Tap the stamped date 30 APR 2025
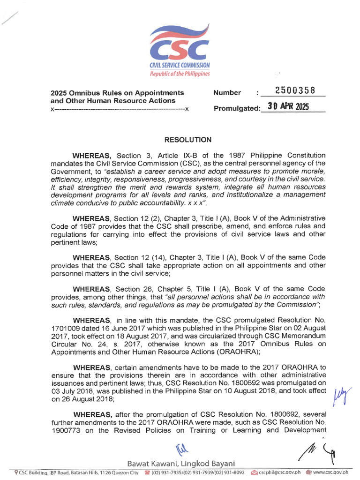[288, 106]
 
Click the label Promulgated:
[237, 109]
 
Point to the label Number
[227, 93]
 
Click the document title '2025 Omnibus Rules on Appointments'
[117, 93]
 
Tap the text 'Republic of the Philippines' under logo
[180, 74]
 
